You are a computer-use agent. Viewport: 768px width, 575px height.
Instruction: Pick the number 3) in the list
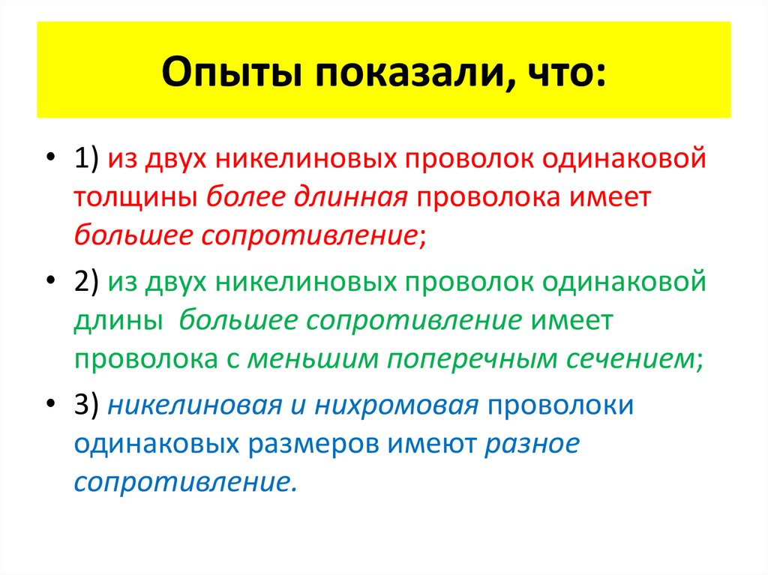point(89,406)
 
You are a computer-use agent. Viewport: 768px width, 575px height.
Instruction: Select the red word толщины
point(135,198)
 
